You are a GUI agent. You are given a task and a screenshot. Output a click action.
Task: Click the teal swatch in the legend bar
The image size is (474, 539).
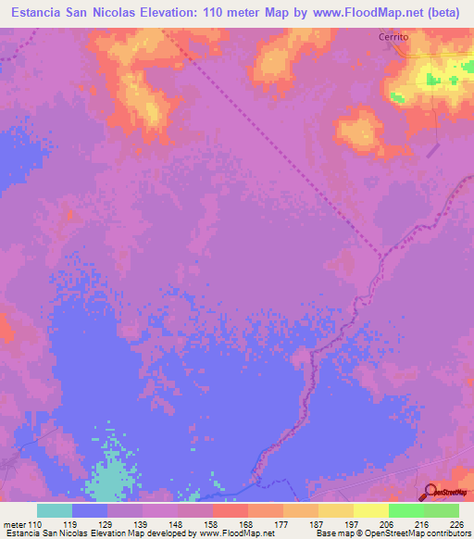coord(55,509)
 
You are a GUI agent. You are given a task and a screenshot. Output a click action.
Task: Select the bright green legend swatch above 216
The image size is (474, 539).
coord(406,509)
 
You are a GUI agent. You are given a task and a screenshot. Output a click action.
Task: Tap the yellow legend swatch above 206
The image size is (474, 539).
coord(370,509)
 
